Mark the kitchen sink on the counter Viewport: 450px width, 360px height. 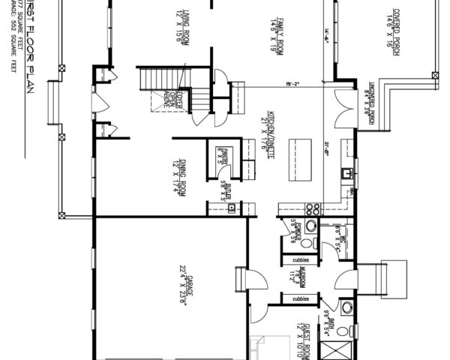point(346,175)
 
